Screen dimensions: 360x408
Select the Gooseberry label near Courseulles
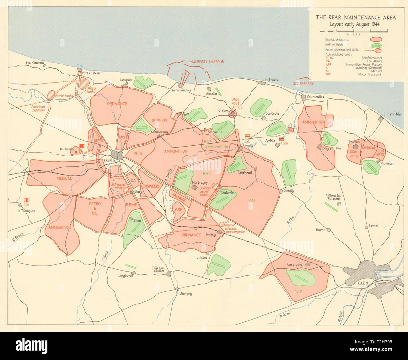(x=303, y=84)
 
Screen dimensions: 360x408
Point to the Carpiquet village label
(x=294, y=265)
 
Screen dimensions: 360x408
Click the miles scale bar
(x=353, y=30)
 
